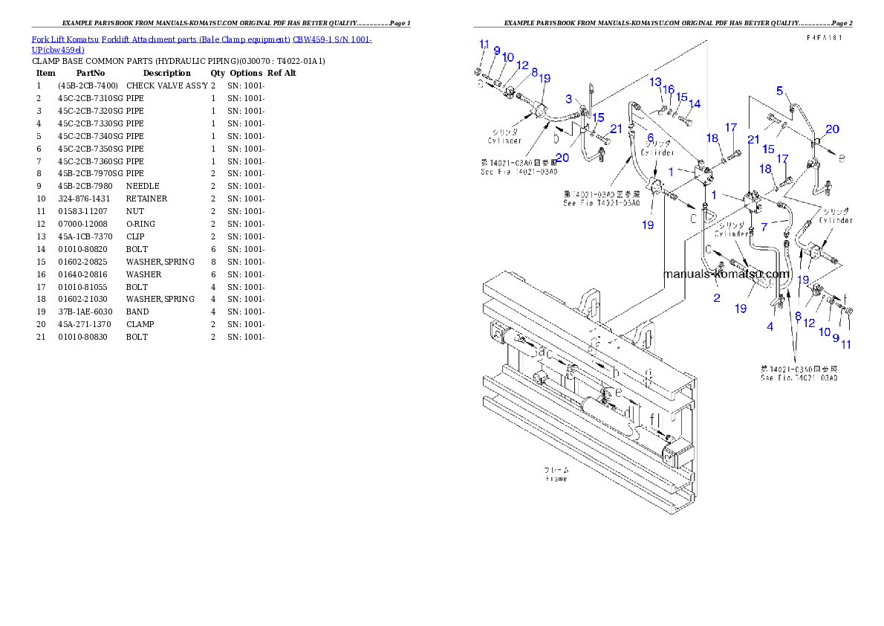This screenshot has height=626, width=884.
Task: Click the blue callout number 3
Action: (568, 98)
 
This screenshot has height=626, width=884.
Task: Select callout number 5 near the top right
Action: (780, 91)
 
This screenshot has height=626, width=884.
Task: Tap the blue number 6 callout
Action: (650, 138)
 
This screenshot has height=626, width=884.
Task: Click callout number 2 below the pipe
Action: (716, 298)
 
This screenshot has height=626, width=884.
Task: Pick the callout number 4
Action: (770, 326)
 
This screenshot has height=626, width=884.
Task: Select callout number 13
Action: (655, 81)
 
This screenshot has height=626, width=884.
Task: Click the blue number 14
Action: (695, 103)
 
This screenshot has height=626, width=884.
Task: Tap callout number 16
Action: (669, 89)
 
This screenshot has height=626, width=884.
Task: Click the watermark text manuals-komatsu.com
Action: (726, 274)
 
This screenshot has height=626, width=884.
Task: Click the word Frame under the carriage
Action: (556, 479)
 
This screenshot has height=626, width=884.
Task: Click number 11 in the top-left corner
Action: (484, 43)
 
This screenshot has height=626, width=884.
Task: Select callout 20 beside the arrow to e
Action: (832, 129)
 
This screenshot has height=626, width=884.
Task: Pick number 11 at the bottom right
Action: (847, 343)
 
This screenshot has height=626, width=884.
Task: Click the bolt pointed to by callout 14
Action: (685, 120)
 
